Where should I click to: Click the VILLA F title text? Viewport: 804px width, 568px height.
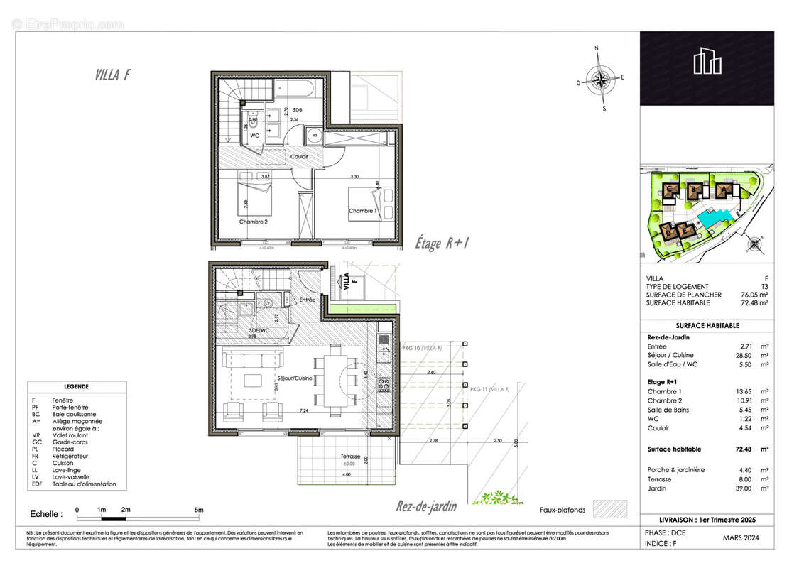[x=112, y=75]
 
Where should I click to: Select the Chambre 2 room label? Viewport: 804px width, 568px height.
[x=253, y=222]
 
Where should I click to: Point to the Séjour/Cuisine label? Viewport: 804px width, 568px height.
[x=295, y=378]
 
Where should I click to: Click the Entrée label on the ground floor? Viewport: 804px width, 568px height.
[x=307, y=300]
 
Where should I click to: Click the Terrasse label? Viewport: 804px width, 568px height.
[x=349, y=457]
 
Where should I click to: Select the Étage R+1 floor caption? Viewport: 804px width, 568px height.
[x=443, y=243]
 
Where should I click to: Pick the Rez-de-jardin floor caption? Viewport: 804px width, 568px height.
[x=426, y=507]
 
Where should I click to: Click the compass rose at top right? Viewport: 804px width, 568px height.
[x=602, y=80]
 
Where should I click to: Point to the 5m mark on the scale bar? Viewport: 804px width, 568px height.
[x=200, y=510]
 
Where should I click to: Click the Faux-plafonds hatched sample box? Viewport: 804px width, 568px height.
[x=611, y=510]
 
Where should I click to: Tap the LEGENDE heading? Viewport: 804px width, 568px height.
[x=77, y=387]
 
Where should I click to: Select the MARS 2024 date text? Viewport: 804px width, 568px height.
[x=741, y=539]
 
